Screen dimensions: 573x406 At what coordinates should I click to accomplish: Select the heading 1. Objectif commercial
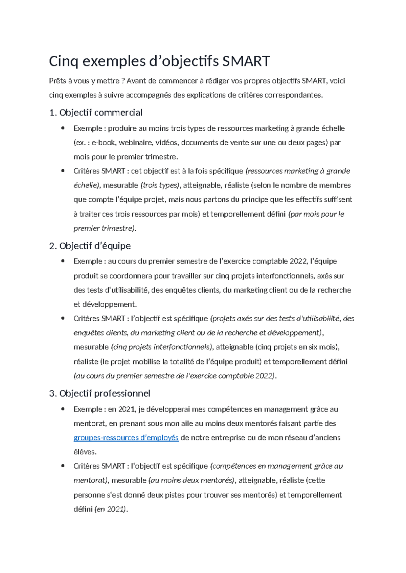point(96,113)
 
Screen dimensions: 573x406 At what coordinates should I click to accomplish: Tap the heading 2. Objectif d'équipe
point(90,246)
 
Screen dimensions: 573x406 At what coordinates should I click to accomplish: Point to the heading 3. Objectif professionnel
point(100,393)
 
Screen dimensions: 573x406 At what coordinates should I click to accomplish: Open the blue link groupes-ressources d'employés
point(126,438)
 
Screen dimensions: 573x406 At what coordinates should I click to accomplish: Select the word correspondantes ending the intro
point(293,95)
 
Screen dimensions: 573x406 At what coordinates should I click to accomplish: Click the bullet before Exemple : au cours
point(63,261)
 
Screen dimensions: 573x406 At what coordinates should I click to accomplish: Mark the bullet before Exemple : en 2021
point(63,409)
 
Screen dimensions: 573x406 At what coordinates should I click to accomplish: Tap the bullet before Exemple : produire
point(63,128)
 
